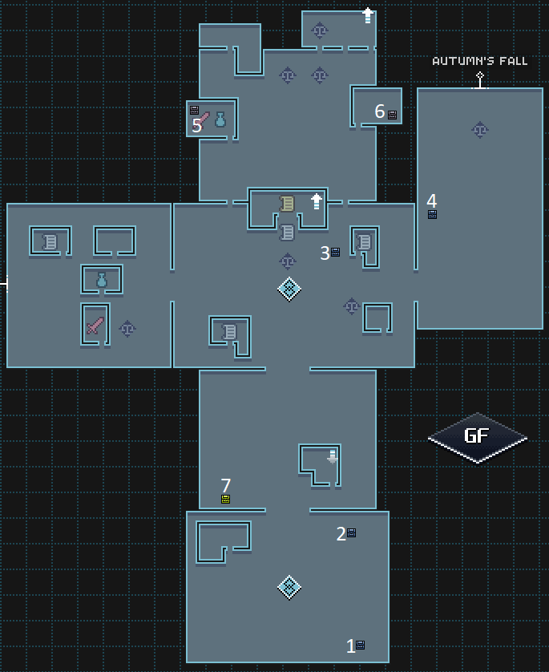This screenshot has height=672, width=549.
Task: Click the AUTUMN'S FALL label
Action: coord(479,61)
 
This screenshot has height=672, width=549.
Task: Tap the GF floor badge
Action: coord(477,437)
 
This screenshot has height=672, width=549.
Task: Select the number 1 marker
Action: coord(350,646)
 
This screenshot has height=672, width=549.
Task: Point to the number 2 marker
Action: coord(341,533)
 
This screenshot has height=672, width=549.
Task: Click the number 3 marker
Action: coord(325,253)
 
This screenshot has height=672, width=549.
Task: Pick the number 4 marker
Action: coord(431,200)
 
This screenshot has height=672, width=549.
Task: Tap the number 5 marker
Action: coord(196,126)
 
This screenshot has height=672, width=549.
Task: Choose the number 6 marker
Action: coord(379,111)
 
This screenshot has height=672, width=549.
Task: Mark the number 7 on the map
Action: coord(225,485)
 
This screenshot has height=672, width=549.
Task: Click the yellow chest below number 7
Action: coord(225,499)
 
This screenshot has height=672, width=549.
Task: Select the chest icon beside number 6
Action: coord(392,115)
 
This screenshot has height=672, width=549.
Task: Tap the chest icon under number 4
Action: coord(432,214)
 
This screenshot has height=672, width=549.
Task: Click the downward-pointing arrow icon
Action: coord(332,456)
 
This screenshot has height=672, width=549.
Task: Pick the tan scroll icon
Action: coord(287,204)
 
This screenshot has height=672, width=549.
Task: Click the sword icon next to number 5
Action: coord(204,119)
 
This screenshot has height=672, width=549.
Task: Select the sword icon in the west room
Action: coord(95,326)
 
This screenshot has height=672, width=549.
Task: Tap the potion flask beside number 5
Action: coord(220,120)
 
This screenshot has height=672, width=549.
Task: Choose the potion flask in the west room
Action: coord(102,280)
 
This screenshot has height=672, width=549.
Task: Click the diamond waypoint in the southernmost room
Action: coord(289,587)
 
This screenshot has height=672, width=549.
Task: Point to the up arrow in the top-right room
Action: coord(367,14)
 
